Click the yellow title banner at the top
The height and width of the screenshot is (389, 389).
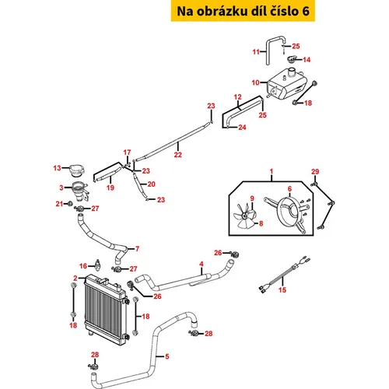[243, 11]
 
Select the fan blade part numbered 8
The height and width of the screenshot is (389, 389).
[244, 216]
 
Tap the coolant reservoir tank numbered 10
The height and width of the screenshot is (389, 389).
[286, 83]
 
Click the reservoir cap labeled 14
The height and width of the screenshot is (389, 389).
[293, 59]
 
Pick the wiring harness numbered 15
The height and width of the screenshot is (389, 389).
[284, 275]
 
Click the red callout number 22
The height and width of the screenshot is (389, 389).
[178, 155]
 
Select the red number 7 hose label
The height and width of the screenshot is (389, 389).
[137, 249]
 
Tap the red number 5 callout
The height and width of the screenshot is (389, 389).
[167, 356]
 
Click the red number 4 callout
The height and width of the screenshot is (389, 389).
[202, 264]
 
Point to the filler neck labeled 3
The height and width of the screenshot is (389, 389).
[80, 191]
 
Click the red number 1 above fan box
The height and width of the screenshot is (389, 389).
[272, 171]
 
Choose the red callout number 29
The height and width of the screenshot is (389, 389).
[315, 172]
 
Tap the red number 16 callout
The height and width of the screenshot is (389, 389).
[83, 266]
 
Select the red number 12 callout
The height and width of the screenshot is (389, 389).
[237, 97]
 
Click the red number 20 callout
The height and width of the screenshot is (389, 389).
[152, 184]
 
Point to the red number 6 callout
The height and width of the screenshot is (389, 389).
[289, 189]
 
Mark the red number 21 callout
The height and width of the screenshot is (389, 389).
[59, 204]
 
